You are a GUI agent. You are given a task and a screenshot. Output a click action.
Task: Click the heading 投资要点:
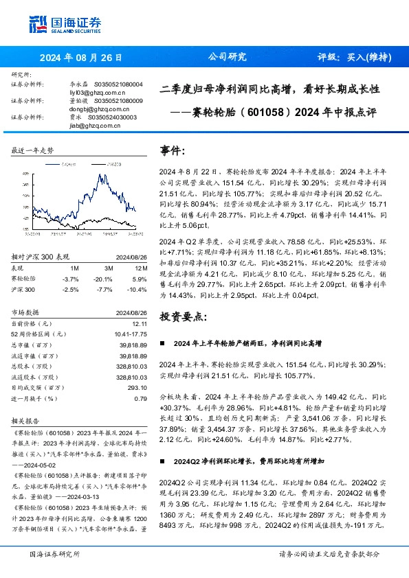182,316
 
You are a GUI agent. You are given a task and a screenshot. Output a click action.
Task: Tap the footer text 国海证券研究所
54,554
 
